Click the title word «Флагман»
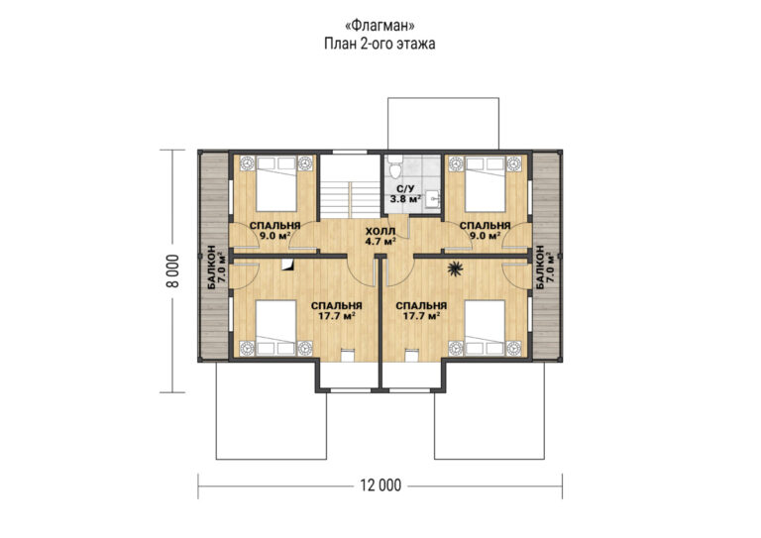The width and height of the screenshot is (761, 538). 380,25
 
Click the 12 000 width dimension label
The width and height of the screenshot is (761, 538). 380,485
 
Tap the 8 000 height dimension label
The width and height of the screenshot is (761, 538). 172,270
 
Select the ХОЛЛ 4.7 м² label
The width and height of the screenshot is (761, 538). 380,236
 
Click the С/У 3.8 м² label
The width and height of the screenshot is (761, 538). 405,193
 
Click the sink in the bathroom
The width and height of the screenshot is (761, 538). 433,199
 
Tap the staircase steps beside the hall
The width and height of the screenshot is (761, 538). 350,199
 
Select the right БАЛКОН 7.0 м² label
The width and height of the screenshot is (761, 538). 545,268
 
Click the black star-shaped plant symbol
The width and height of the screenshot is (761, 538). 455,269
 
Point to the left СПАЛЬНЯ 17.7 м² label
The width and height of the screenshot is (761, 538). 336,311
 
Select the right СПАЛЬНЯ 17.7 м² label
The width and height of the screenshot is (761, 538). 421,311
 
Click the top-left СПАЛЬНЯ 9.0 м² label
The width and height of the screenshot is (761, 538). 274,231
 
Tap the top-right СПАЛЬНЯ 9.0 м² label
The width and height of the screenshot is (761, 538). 485,231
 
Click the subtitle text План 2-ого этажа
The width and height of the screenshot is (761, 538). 380,45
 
